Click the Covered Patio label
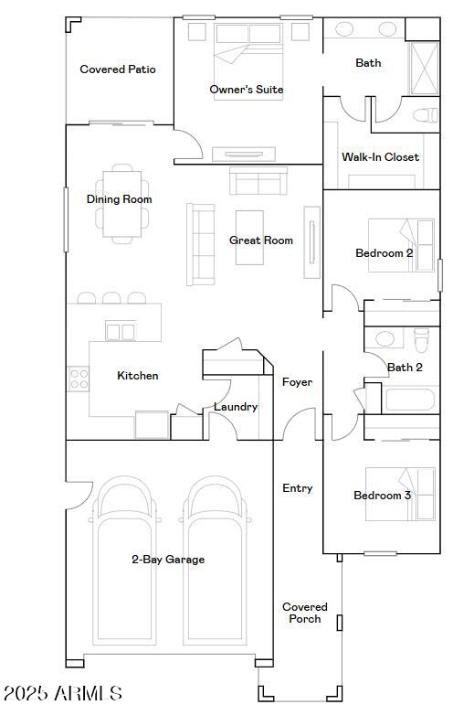click(x=118, y=69)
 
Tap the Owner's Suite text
click(x=246, y=90)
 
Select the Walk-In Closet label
click(x=380, y=157)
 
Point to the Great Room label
click(x=260, y=240)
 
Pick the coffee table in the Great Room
click(x=249, y=238)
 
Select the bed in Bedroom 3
click(x=400, y=494)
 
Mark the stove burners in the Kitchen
click(x=79, y=378)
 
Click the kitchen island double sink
click(x=121, y=331)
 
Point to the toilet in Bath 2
click(x=421, y=341)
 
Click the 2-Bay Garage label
click(x=168, y=560)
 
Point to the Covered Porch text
click(x=304, y=613)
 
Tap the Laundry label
click(x=236, y=407)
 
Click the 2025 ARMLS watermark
click(x=62, y=693)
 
